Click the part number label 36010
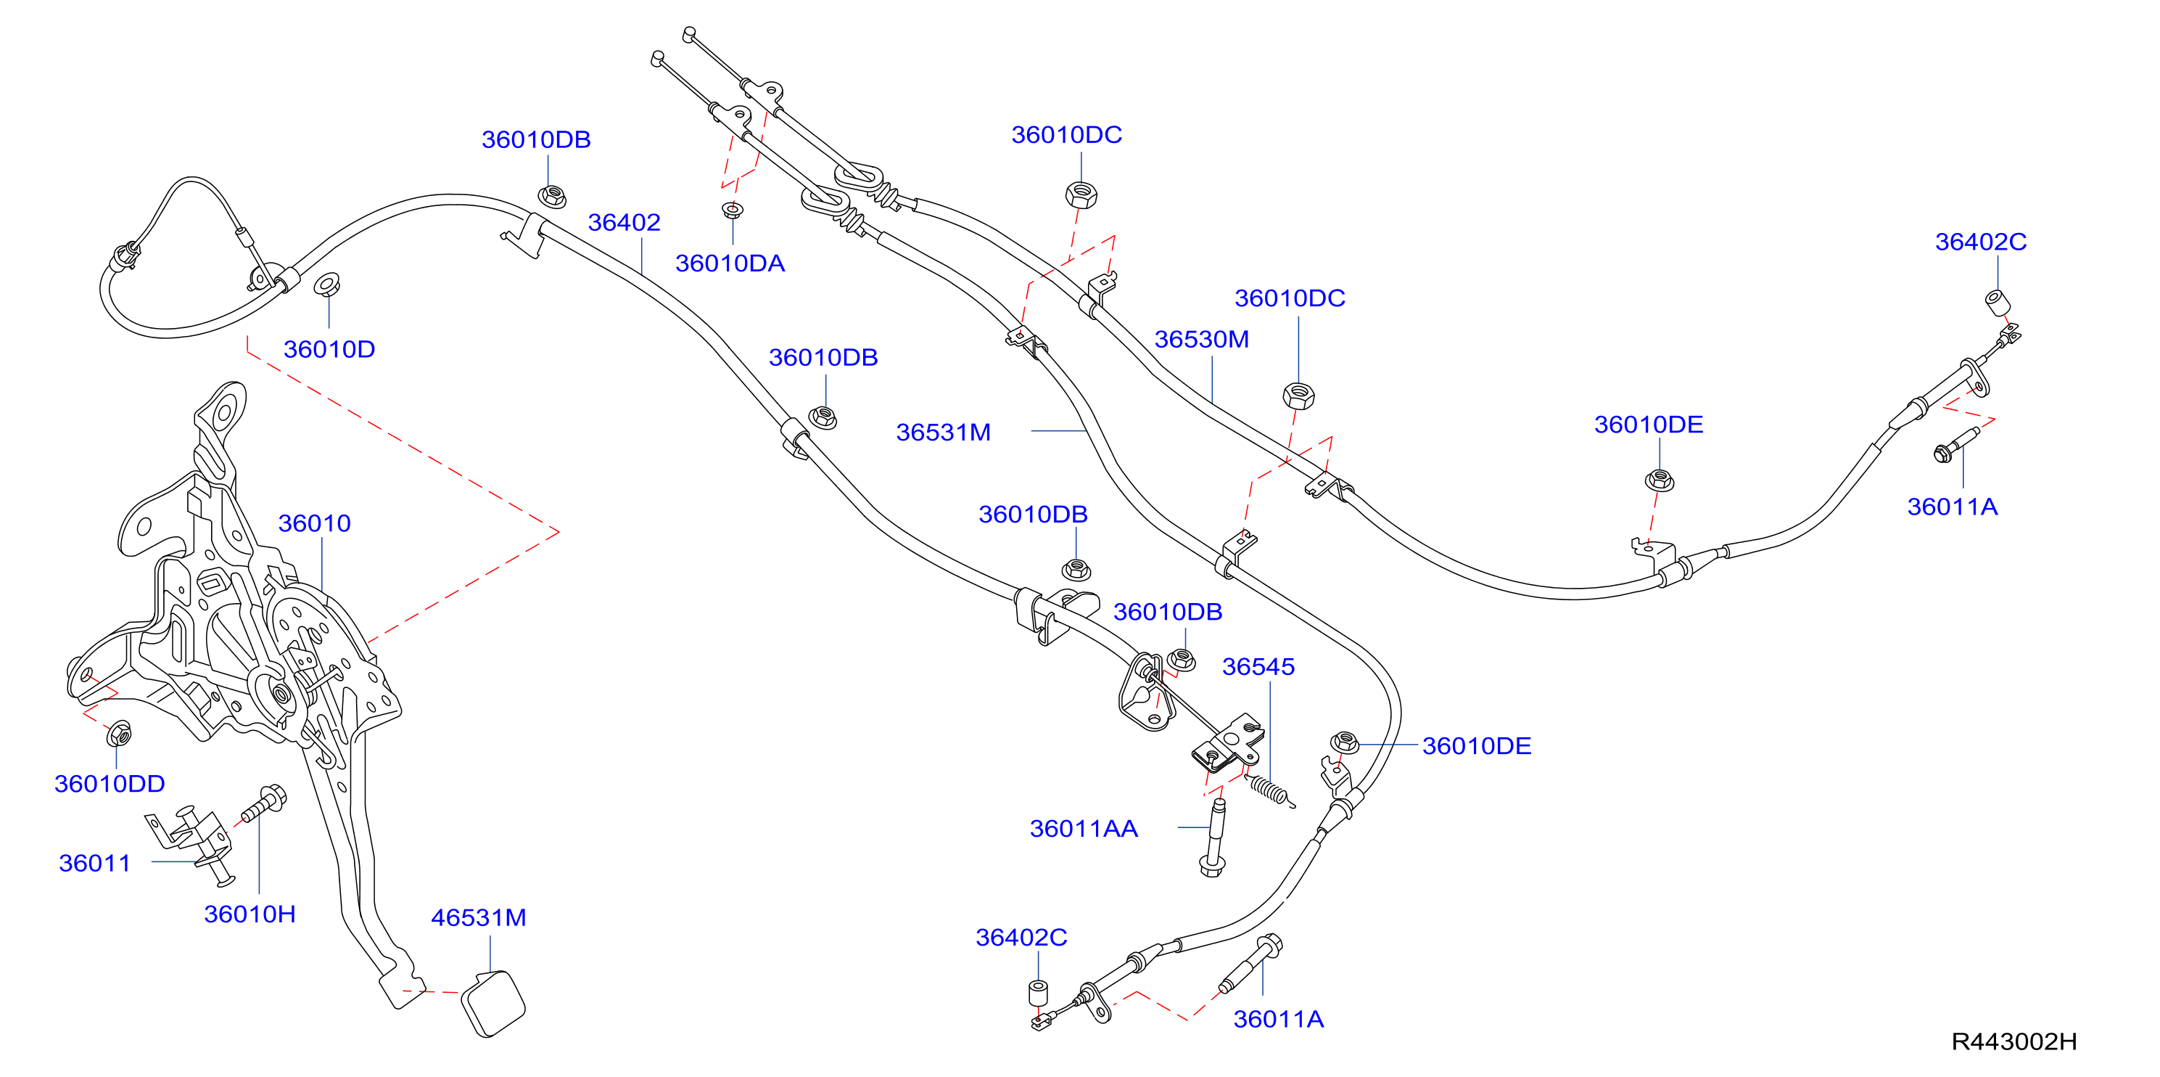(315, 523)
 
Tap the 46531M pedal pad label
(479, 917)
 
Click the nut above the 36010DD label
(118, 734)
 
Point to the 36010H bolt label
(250, 914)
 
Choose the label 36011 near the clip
(95, 863)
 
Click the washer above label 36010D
(327, 284)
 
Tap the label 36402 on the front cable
(624, 222)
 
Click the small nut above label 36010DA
(732, 210)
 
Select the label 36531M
(944, 432)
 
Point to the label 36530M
(1202, 339)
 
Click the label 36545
(1258, 667)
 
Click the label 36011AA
(1084, 829)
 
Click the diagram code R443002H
(2015, 1041)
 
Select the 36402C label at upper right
(1981, 242)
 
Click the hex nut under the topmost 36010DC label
(1081, 194)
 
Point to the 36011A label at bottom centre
(1279, 1019)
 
